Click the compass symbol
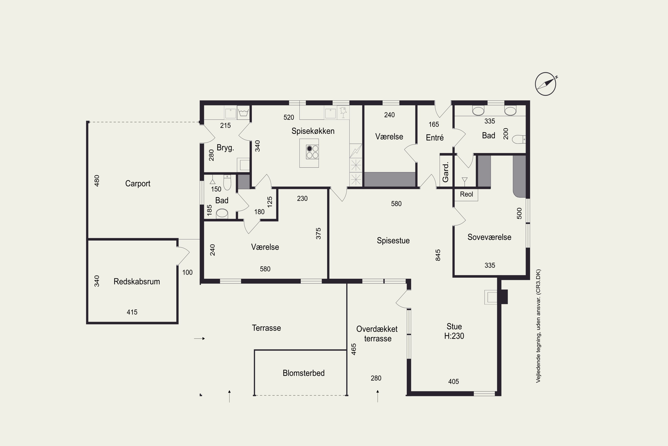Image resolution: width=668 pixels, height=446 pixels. (x=545, y=84)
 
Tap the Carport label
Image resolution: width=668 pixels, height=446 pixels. (x=138, y=184)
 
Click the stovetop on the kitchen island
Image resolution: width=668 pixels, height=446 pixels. (x=312, y=152)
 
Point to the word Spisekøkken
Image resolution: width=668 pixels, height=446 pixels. (x=313, y=131)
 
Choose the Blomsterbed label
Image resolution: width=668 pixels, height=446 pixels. (x=304, y=373)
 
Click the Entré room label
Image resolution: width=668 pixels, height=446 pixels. (x=435, y=138)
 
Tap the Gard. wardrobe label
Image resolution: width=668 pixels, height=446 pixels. (x=445, y=172)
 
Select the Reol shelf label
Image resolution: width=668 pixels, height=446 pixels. (x=466, y=194)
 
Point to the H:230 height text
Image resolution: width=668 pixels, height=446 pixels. (x=454, y=336)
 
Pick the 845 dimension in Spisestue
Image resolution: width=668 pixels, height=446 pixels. (x=438, y=255)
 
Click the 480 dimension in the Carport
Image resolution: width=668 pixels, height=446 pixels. (x=97, y=181)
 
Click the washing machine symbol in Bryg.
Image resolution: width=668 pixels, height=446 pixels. (x=243, y=112)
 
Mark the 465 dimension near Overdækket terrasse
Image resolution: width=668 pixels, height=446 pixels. (x=354, y=349)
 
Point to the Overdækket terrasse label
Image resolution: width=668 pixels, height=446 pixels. (x=377, y=334)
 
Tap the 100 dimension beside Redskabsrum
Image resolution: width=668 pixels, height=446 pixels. (x=187, y=272)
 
